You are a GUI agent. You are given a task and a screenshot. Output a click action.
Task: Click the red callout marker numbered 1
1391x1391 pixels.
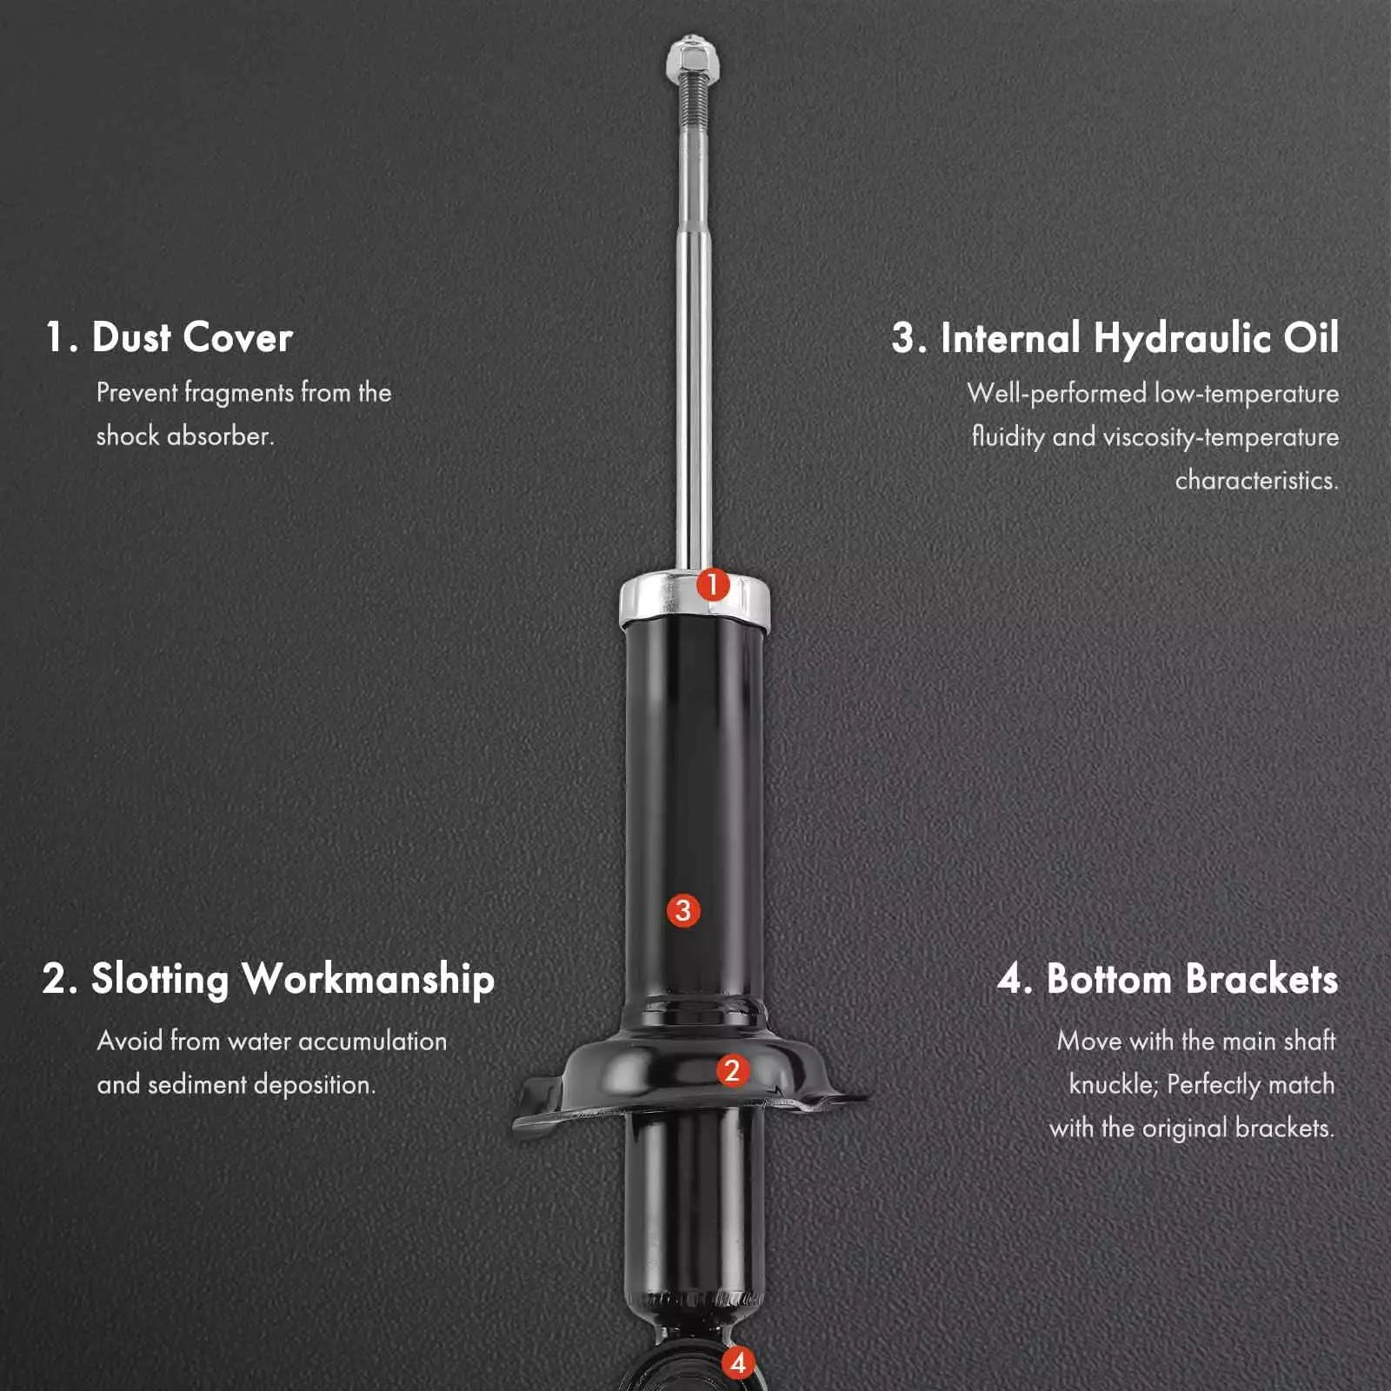click(712, 585)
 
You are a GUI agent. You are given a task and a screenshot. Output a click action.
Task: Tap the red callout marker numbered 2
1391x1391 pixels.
click(732, 1070)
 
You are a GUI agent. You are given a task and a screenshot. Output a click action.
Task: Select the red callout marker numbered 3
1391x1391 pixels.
click(683, 911)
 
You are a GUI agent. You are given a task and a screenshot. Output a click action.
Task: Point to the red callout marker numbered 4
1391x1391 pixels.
click(738, 1362)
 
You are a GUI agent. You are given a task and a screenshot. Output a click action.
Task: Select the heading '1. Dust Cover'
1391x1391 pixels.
click(169, 337)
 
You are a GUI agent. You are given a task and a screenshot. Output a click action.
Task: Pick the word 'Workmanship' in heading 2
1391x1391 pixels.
click(369, 981)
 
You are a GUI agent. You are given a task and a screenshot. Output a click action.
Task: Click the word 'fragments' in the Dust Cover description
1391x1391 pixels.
click(238, 394)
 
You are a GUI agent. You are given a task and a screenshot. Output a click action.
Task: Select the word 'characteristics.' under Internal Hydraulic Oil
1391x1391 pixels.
click(1256, 481)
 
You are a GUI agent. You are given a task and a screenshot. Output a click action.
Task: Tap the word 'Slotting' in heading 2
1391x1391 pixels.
click(160, 981)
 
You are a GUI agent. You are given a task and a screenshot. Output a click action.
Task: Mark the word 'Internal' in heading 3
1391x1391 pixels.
click(1011, 338)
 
